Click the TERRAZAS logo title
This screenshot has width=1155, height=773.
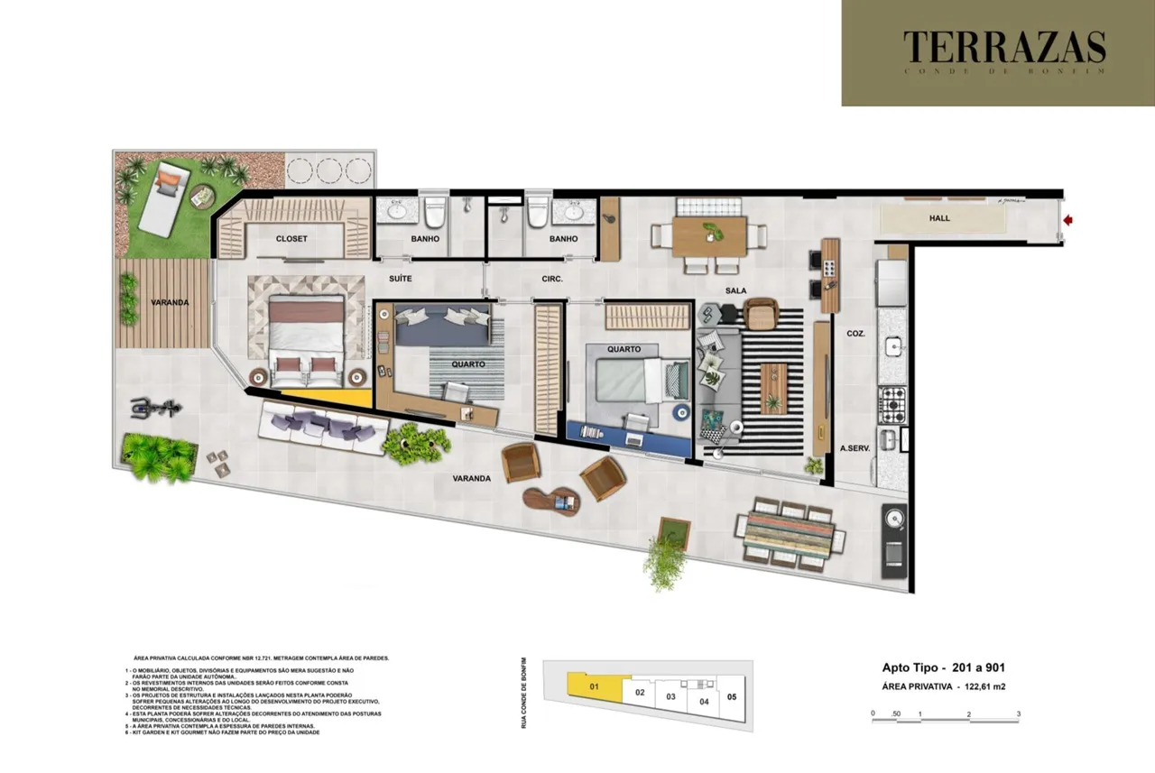point(1003,47)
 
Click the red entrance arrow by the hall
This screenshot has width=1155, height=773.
point(1069,219)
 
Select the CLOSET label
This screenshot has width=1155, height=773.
point(291,239)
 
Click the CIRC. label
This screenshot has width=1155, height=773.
point(551,279)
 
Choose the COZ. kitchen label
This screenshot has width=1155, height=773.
point(856,333)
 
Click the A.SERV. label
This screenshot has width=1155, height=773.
point(855,448)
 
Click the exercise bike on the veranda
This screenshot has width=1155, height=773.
point(151,409)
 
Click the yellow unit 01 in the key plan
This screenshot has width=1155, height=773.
point(594,687)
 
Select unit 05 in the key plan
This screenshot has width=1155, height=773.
point(732,696)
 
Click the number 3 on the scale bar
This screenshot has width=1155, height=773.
point(1018,713)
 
